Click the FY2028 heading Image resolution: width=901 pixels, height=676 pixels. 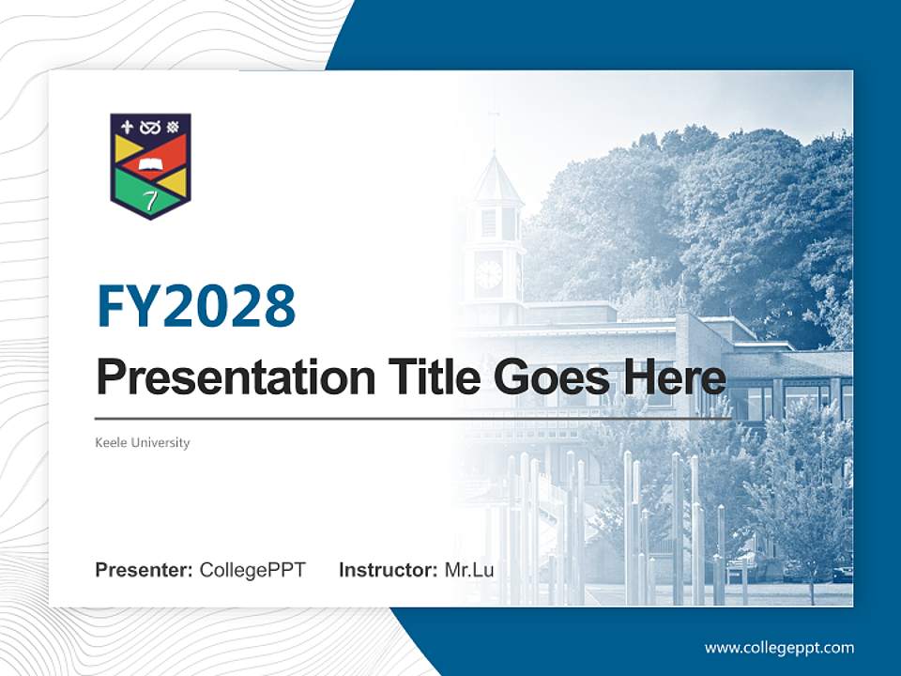click(196, 307)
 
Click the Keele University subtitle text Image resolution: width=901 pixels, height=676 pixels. click(143, 442)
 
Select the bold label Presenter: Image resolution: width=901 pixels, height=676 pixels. click(145, 570)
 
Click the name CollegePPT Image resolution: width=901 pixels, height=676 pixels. click(252, 570)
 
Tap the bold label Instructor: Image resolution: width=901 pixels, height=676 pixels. click(388, 570)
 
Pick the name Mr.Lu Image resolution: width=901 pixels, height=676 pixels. click(469, 570)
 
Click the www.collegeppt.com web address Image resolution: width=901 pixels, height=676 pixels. click(779, 648)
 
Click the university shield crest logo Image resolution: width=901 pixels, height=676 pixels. click(150, 166)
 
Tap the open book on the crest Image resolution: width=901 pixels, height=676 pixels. click(150, 168)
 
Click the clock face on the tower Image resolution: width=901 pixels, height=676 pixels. click(489, 273)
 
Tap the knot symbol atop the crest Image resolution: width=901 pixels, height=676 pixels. click(149, 127)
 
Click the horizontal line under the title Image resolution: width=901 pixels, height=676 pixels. click(413, 419)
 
